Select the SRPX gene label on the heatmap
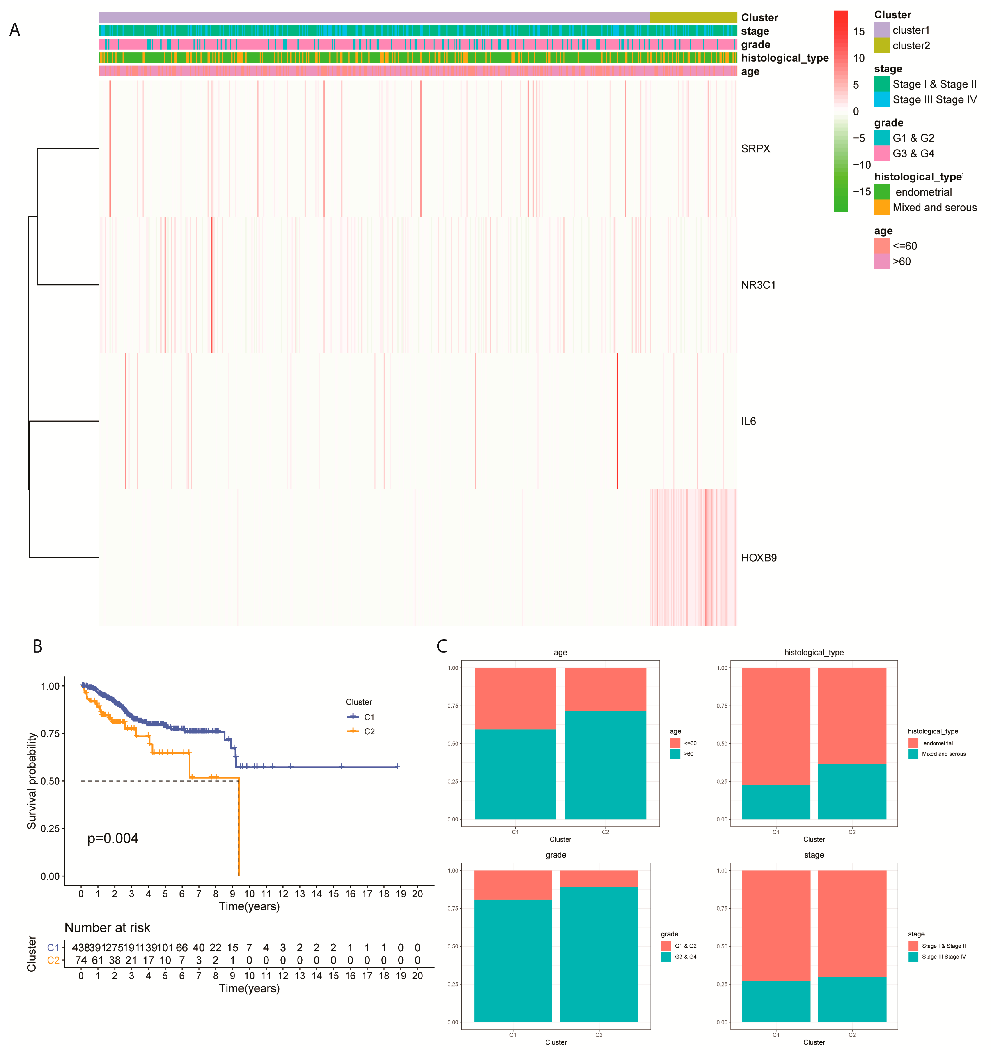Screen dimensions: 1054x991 click(755, 149)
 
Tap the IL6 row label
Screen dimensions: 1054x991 click(748, 422)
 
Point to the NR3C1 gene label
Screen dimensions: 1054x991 click(758, 285)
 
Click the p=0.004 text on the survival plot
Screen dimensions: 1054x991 click(113, 838)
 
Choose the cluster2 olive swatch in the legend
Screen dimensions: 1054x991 click(881, 46)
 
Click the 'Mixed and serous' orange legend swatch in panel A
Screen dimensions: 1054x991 click(881, 207)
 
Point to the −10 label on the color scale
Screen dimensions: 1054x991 click(861, 165)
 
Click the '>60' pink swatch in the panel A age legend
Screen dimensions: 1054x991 click(881, 261)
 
